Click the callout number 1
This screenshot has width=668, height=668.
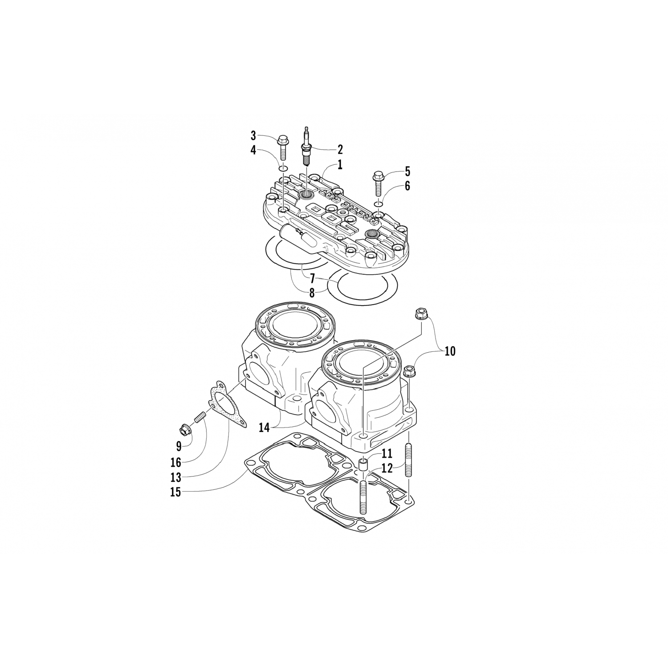(340, 165)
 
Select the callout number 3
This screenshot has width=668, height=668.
(253, 135)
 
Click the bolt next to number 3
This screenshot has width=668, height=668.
(283, 147)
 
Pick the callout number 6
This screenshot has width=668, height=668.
(407, 186)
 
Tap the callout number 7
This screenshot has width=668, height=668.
(312, 279)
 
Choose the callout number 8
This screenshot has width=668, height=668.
(312, 293)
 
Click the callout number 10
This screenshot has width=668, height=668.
(450, 351)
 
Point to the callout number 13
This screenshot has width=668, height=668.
(176, 477)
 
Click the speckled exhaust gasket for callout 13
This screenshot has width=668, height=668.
(229, 404)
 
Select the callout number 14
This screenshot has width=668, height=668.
(265, 428)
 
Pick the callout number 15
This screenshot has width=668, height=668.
(176, 493)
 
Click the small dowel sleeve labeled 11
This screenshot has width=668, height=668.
(364, 466)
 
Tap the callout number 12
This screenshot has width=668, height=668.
(387, 468)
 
